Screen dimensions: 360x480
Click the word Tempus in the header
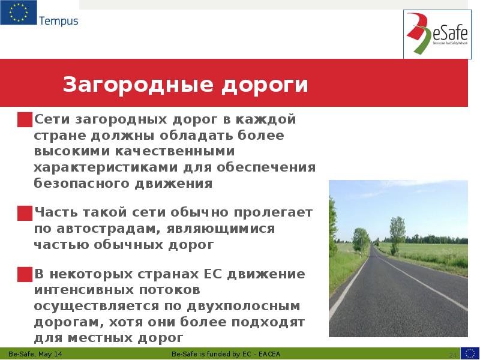[x=59, y=22]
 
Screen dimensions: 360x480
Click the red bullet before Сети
[x=25, y=119]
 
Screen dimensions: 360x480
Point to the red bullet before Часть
[x=25, y=213]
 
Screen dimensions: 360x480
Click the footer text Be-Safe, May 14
[x=35, y=355]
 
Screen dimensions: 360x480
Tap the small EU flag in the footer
[x=470, y=353]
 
